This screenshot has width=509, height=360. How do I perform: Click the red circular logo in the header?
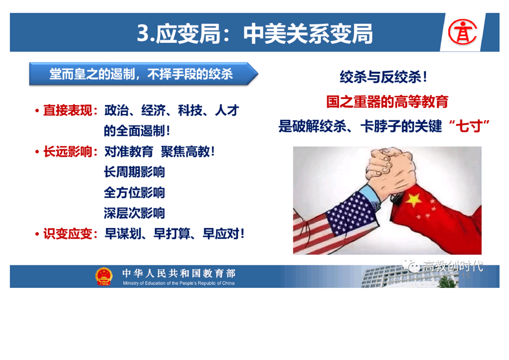(462, 32)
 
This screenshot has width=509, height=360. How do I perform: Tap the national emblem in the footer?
(104, 276)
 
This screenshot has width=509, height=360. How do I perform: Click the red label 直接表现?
(68, 110)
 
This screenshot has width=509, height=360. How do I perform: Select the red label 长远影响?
(68, 152)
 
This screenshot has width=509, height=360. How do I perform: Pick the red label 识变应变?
(68, 234)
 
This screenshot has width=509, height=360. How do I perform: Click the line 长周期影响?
(134, 172)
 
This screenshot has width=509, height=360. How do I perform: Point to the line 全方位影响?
(134, 192)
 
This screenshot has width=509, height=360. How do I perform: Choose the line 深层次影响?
(134, 213)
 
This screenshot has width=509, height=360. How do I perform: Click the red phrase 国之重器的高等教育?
(387, 102)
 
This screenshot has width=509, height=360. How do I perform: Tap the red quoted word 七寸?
(469, 126)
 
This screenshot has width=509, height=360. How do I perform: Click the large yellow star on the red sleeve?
(414, 199)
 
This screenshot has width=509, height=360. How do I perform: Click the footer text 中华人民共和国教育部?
(179, 273)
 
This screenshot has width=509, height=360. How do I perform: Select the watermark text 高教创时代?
(453, 266)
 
